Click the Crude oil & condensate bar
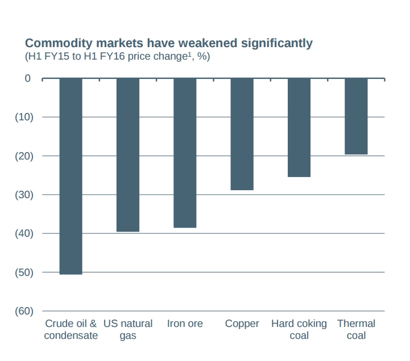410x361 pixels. [71, 176]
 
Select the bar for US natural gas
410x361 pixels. [128, 155]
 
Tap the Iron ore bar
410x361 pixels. [185, 153]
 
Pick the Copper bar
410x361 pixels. [242, 134]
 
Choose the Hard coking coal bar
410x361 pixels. [299, 128]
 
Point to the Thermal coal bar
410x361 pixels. [356, 116]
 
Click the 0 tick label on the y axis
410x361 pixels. [28, 78]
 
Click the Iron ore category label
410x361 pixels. [185, 324]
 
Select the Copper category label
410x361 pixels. [242, 324]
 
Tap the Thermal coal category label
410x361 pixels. [356, 330]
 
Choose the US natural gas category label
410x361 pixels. [128, 330]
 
